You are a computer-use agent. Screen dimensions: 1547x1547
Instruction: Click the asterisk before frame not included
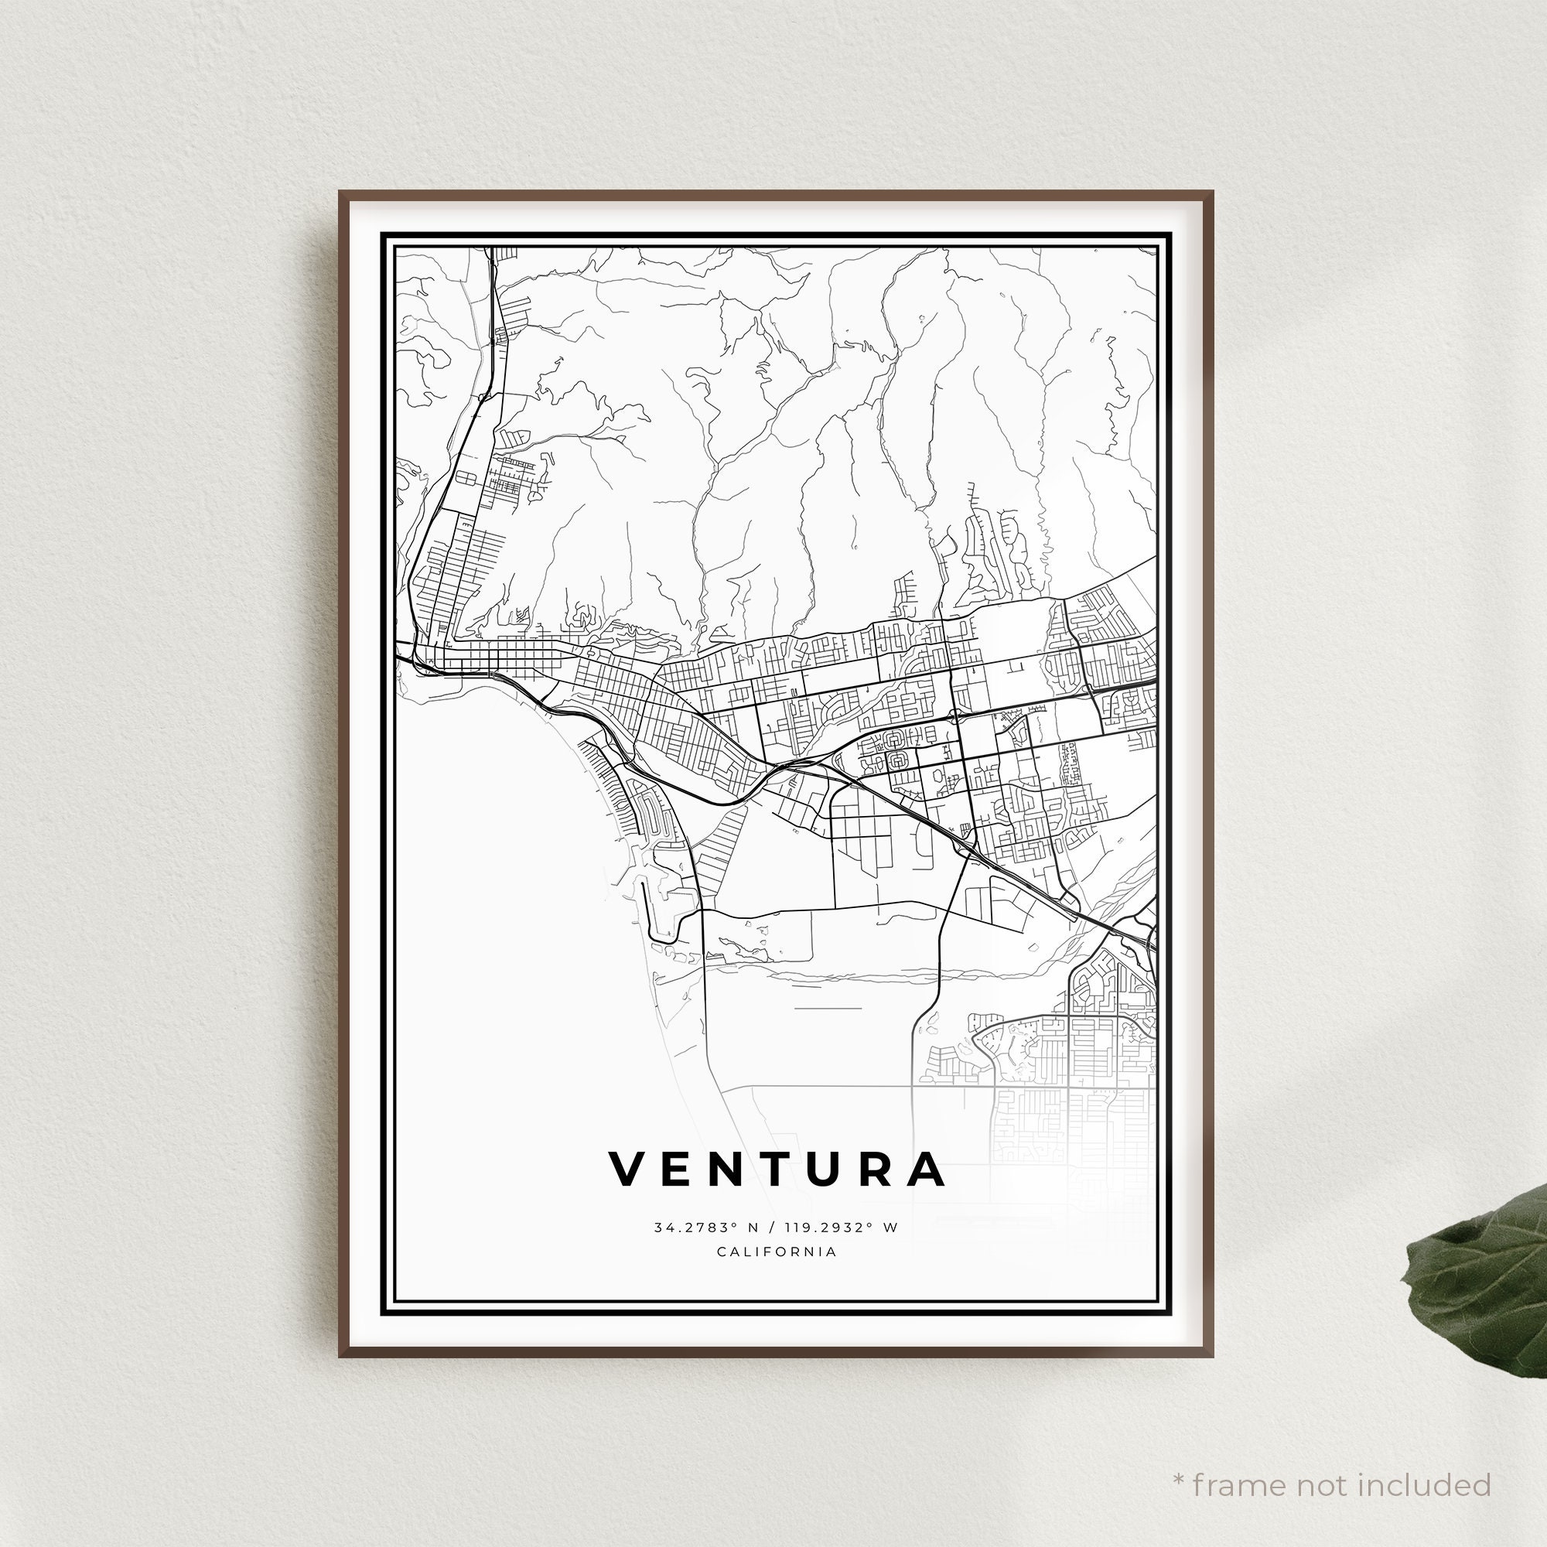1179,1457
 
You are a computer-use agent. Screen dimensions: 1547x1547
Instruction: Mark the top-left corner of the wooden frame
340,192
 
